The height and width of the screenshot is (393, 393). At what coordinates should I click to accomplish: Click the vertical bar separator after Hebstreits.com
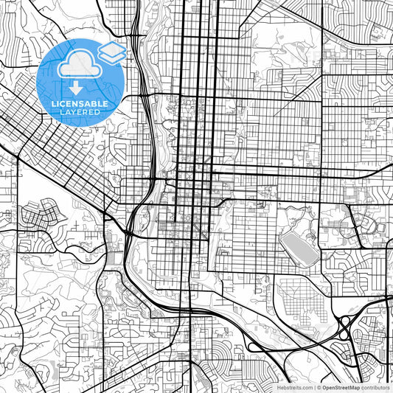pyautogui.click(x=314, y=387)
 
